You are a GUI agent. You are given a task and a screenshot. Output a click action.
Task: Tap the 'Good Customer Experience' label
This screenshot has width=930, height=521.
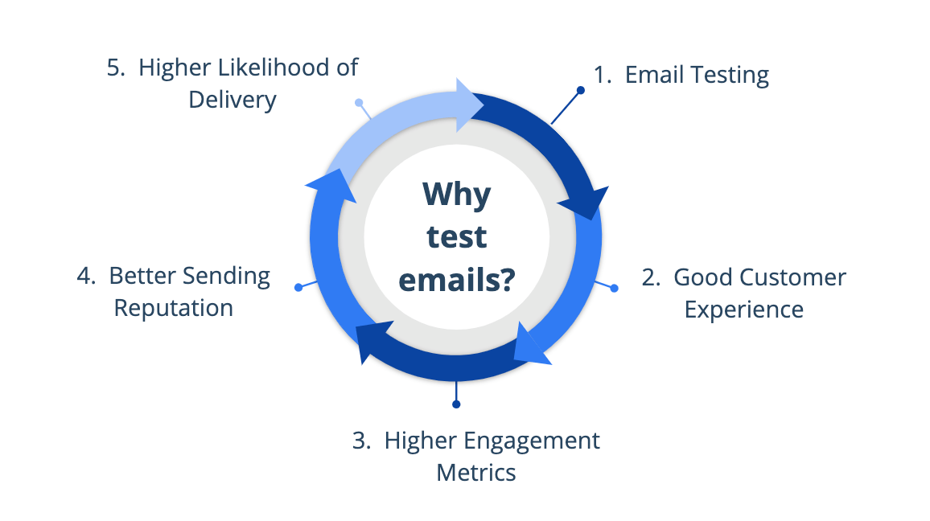coord(744,293)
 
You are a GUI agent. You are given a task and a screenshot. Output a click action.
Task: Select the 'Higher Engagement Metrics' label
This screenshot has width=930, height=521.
coord(477,456)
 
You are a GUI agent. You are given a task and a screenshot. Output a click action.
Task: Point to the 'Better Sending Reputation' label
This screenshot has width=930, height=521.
coord(174,292)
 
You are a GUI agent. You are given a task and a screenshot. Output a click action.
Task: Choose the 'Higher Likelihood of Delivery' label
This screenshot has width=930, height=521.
coord(232,84)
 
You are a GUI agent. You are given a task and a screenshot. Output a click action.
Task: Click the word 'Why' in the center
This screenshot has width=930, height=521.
coord(456,194)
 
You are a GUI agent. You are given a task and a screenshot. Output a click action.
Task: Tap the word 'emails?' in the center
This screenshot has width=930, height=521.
coord(456,281)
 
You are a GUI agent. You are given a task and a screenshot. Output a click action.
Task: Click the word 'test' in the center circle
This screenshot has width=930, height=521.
coord(456,236)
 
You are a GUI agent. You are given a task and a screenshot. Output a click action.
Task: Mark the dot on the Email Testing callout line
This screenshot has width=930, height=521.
coord(581,90)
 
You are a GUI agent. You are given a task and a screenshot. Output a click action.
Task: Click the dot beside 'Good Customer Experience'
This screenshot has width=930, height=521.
coord(615,288)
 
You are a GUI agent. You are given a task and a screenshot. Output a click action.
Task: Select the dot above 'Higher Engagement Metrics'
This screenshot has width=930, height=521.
coord(456,404)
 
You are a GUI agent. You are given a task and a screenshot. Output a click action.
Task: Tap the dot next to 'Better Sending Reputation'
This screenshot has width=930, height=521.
coord(298,287)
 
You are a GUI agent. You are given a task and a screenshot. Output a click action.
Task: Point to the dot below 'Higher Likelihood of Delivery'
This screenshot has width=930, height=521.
coord(359,103)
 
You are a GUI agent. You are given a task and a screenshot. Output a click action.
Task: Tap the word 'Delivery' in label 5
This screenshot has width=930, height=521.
coord(232,101)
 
